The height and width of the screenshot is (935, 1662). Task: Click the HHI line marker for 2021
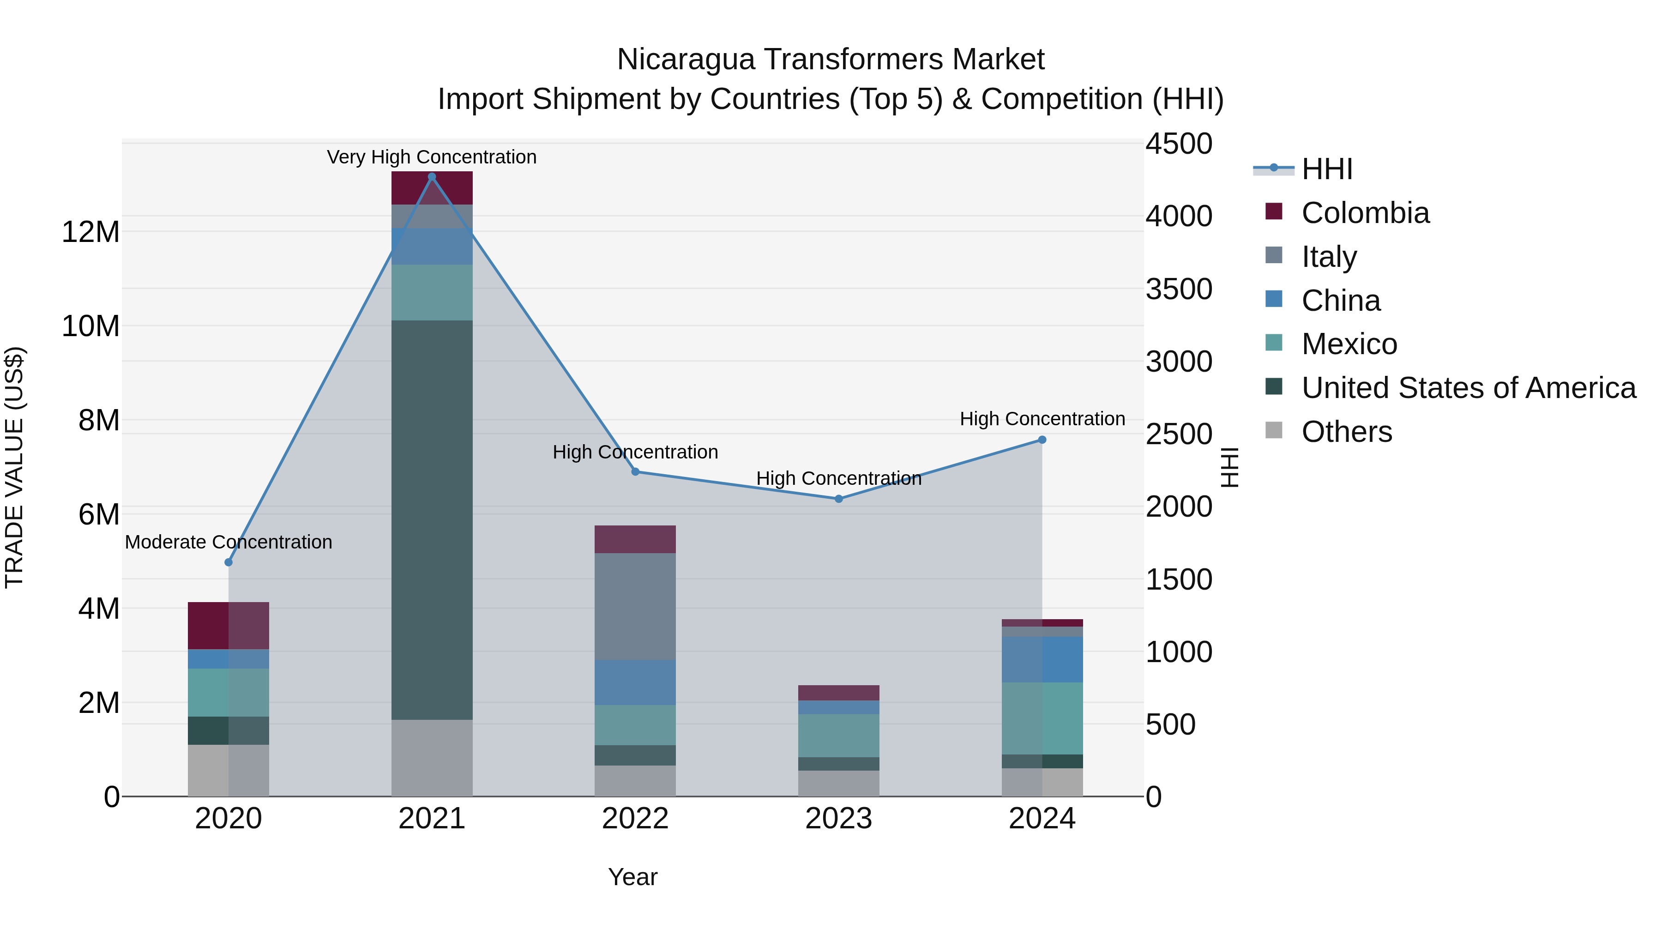point(432,177)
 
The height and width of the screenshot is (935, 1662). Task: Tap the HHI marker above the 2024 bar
point(1042,440)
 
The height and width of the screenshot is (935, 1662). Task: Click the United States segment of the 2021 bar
point(432,519)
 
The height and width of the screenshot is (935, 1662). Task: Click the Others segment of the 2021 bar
point(432,758)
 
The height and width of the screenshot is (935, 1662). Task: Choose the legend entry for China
point(1340,301)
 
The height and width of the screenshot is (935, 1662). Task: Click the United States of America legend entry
point(1468,388)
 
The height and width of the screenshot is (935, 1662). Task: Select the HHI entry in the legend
point(1326,169)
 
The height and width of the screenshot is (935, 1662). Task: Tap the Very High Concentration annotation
point(432,157)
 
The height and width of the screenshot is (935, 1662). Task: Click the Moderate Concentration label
point(229,542)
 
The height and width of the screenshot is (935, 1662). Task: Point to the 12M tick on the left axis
point(90,232)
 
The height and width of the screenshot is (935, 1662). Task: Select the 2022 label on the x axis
point(635,819)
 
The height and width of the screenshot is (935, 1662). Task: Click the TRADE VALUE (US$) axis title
point(14,467)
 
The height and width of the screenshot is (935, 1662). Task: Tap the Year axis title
point(632,877)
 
